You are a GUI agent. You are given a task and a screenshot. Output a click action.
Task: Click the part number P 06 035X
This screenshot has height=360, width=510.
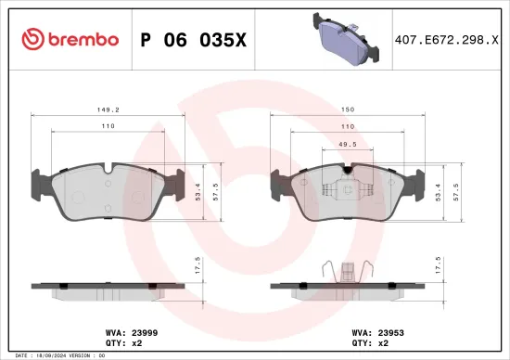tap(193, 39)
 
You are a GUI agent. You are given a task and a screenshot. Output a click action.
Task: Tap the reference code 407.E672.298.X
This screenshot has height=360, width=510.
tap(445, 39)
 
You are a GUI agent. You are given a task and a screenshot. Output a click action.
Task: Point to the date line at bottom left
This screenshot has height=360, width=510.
tap(56, 355)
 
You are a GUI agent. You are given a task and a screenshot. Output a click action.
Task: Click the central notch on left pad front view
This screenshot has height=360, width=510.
tap(108, 169)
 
